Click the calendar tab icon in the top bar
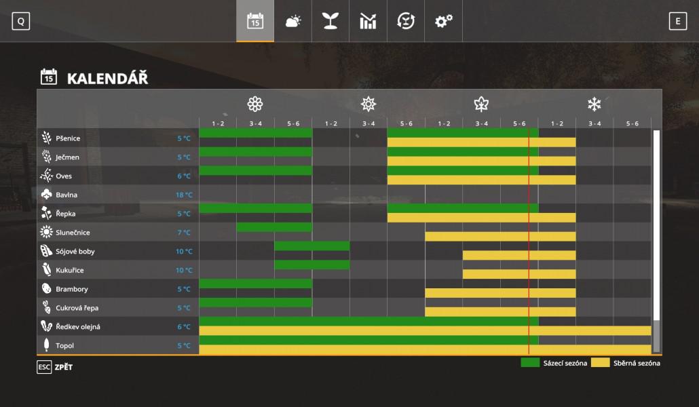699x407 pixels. (x=255, y=21)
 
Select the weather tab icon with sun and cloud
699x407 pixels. (x=293, y=21)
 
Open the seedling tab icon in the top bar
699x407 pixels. (x=330, y=21)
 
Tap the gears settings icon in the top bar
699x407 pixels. (x=444, y=21)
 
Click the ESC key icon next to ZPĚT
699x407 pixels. (x=44, y=367)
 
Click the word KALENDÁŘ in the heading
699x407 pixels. (x=107, y=79)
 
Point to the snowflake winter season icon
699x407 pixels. (x=594, y=104)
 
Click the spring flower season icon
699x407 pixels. (x=254, y=104)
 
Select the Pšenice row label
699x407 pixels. (x=68, y=138)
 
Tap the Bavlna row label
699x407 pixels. (x=67, y=195)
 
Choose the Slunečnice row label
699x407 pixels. (x=73, y=233)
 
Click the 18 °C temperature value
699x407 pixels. (x=184, y=195)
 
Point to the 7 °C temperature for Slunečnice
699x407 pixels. (x=185, y=233)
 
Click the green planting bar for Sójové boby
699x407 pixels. (x=312, y=246)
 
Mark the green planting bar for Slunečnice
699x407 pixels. (x=274, y=227)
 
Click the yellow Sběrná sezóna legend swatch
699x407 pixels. (x=600, y=363)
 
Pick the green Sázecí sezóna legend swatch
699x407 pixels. (x=530, y=363)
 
